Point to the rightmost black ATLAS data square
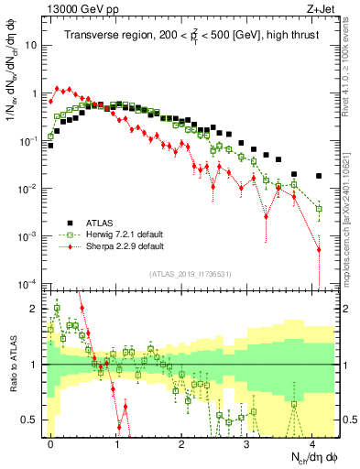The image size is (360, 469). pos(319,176)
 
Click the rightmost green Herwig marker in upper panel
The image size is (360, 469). pos(319,209)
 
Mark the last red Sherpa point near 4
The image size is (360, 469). pos(319,249)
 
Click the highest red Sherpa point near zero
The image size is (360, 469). pos(58,89)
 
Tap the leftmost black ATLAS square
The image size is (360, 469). pos(51,146)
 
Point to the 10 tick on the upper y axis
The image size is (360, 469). pos(32,45)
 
